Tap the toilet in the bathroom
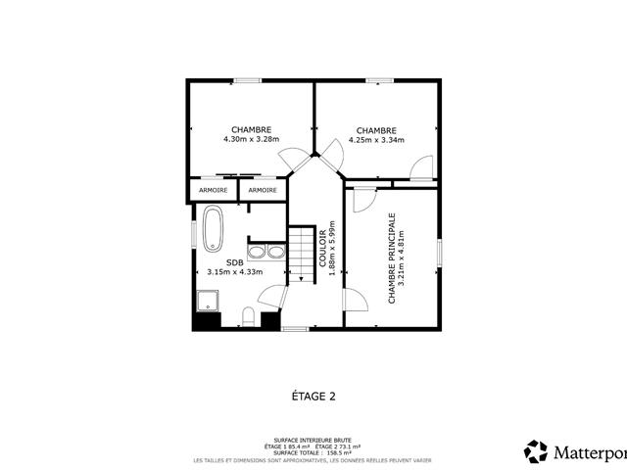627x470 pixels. click(x=250, y=316)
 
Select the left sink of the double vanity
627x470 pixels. click(x=256, y=253)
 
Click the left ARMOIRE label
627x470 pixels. click(x=214, y=190)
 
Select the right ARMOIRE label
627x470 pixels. click(x=262, y=190)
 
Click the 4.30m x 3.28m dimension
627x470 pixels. click(x=252, y=140)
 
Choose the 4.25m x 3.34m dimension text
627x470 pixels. click(x=376, y=140)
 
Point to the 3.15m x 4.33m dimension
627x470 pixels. click(x=234, y=273)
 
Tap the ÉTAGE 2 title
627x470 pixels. click(x=313, y=397)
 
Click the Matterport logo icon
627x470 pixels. click(x=536, y=451)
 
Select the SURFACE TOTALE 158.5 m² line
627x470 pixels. click(x=313, y=453)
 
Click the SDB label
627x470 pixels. click(x=234, y=262)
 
